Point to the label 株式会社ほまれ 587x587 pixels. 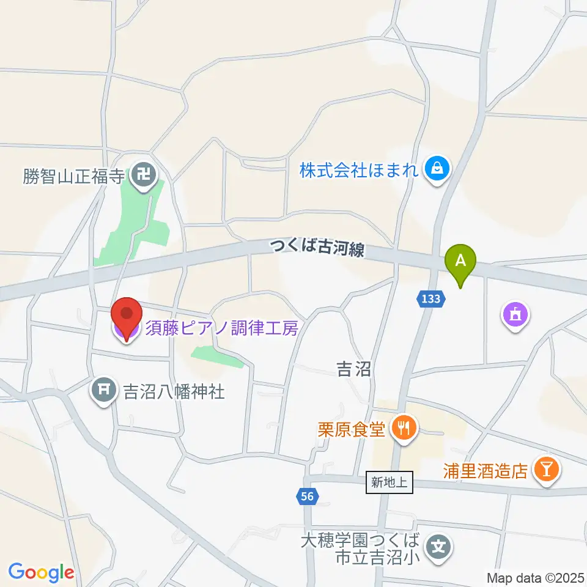pos(359,169)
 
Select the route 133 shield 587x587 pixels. pos(430,299)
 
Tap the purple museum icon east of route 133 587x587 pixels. pos(514,316)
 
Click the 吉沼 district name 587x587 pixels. pos(353,369)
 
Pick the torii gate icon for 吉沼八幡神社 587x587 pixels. pos(103,389)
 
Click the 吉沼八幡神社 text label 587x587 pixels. pos(174,391)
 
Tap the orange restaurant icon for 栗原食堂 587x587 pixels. pos(403,427)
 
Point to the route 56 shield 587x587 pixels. pos(307,497)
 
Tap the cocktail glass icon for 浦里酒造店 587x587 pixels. pos(545,470)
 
